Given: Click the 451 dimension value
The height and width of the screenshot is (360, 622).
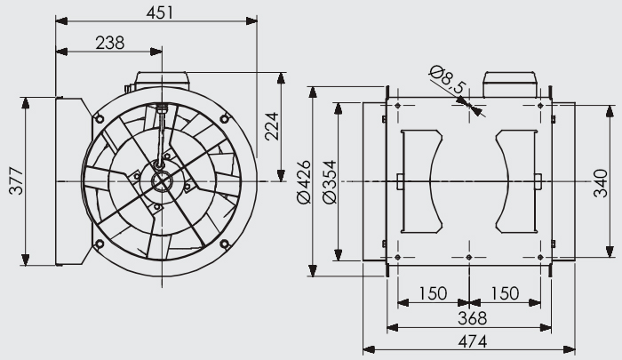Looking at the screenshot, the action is [160, 12].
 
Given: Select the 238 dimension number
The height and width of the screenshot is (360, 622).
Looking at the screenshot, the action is [110, 43].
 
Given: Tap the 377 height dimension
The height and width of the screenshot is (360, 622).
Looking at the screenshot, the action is [17, 181].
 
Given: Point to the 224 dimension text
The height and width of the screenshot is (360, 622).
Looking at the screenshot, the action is [272, 126].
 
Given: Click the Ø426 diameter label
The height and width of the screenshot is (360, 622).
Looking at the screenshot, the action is [304, 182].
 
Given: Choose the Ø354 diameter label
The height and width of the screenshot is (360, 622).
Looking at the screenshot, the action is [330, 182].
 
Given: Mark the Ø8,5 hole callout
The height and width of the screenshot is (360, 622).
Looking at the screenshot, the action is [448, 80].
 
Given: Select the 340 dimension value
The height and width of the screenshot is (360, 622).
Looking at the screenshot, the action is [601, 183].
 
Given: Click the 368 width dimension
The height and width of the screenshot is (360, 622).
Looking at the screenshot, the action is [472, 318].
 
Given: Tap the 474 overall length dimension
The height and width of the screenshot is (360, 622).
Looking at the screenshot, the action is [472, 341].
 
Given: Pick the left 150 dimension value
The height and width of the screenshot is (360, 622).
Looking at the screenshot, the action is [434, 293].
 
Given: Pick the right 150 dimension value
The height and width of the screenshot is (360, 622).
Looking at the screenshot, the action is [505, 293].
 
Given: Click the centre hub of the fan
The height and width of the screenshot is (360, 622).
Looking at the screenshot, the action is [162, 182].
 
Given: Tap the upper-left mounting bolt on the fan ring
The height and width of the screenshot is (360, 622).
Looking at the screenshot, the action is [100, 119].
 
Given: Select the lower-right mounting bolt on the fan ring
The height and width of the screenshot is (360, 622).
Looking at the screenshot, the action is [225, 244].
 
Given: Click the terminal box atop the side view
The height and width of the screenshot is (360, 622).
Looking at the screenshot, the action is [510, 84].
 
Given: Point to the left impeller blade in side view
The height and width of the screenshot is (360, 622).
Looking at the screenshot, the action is [422, 181].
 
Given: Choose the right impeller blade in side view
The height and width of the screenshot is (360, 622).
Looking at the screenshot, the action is [516, 181].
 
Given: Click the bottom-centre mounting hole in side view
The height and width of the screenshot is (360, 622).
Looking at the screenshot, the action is [469, 258].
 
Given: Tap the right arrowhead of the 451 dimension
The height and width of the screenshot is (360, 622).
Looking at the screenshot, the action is [251, 21].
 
